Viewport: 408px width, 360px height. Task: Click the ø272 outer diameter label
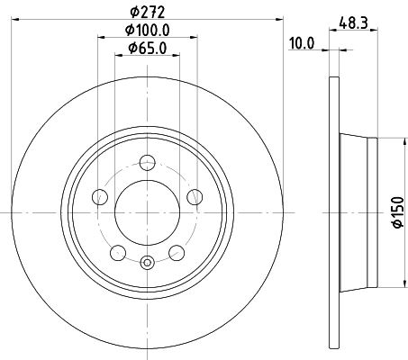pos(147,12)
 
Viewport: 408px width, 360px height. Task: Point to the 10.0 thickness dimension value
pos(300,42)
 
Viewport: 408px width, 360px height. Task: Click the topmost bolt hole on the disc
pos(147,164)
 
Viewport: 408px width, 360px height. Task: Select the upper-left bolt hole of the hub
pos(101,197)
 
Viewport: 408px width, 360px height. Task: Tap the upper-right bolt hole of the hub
pos(193,197)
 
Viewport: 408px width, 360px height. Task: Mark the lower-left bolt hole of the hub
pos(118,251)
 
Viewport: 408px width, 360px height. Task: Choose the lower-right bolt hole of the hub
pos(176,251)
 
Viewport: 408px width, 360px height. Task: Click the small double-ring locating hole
pos(147,262)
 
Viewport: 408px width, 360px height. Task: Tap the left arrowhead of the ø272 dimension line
pos(19,21)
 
